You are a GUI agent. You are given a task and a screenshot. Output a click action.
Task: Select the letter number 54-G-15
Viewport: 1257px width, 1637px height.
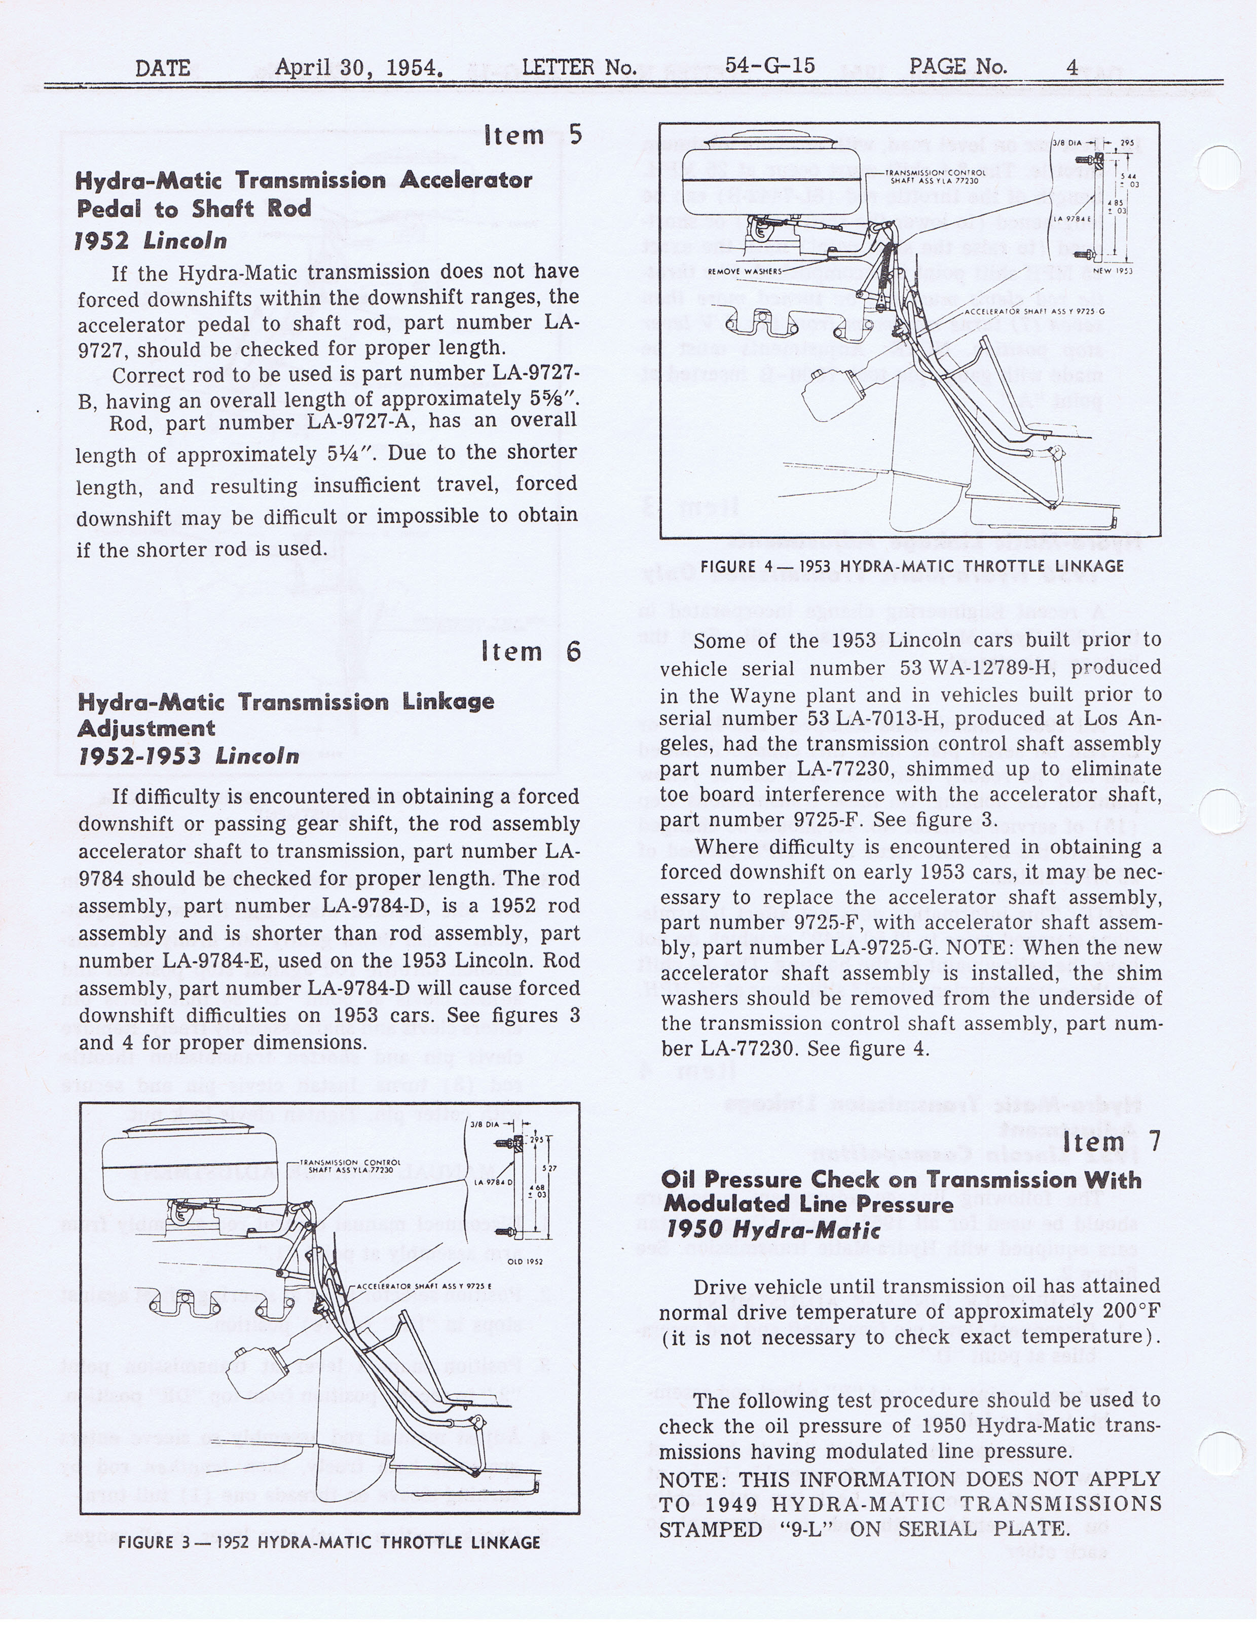click(769, 66)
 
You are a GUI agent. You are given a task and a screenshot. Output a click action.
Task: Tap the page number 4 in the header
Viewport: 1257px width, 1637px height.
click(1072, 67)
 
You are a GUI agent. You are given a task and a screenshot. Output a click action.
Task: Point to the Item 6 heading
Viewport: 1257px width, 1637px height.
click(531, 651)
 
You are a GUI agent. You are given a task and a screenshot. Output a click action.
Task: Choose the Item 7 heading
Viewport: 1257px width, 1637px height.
click(1111, 1143)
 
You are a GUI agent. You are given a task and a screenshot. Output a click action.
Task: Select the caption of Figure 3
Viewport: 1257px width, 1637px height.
click(329, 1542)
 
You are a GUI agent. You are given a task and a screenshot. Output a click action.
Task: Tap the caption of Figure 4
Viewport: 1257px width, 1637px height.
click(911, 566)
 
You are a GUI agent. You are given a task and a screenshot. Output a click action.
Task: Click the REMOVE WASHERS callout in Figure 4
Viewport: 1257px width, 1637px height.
click(745, 272)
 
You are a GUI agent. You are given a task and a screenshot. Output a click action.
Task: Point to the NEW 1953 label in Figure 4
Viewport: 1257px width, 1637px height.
click(1113, 271)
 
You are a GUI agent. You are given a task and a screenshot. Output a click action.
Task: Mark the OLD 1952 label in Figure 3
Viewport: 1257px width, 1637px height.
click(525, 1261)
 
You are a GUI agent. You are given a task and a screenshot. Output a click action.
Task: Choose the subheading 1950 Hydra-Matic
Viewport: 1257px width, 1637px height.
click(773, 1229)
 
